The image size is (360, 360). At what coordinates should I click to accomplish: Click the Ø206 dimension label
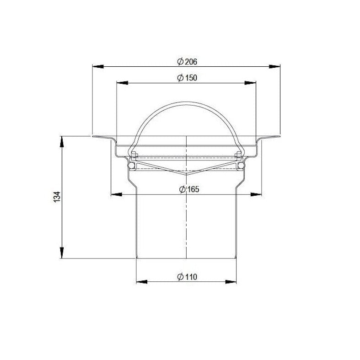pyautogui.click(x=187, y=62)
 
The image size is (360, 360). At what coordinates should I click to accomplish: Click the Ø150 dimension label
pyautogui.click(x=187, y=78)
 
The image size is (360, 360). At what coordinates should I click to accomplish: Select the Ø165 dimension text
pyautogui.click(x=189, y=189)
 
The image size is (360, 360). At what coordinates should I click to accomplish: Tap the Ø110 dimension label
pyautogui.click(x=187, y=277)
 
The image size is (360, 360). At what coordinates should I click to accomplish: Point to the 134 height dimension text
pyautogui.click(x=57, y=197)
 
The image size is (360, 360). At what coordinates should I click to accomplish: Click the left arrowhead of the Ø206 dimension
pyautogui.click(x=98, y=67)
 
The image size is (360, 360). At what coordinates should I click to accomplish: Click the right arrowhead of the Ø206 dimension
pyautogui.click(x=274, y=67)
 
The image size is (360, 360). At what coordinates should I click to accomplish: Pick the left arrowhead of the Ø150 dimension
pyautogui.click(x=122, y=83)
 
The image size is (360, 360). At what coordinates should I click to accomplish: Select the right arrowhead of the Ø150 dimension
pyautogui.click(x=250, y=83)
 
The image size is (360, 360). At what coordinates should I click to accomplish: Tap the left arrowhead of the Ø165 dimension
pyautogui.click(x=116, y=194)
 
